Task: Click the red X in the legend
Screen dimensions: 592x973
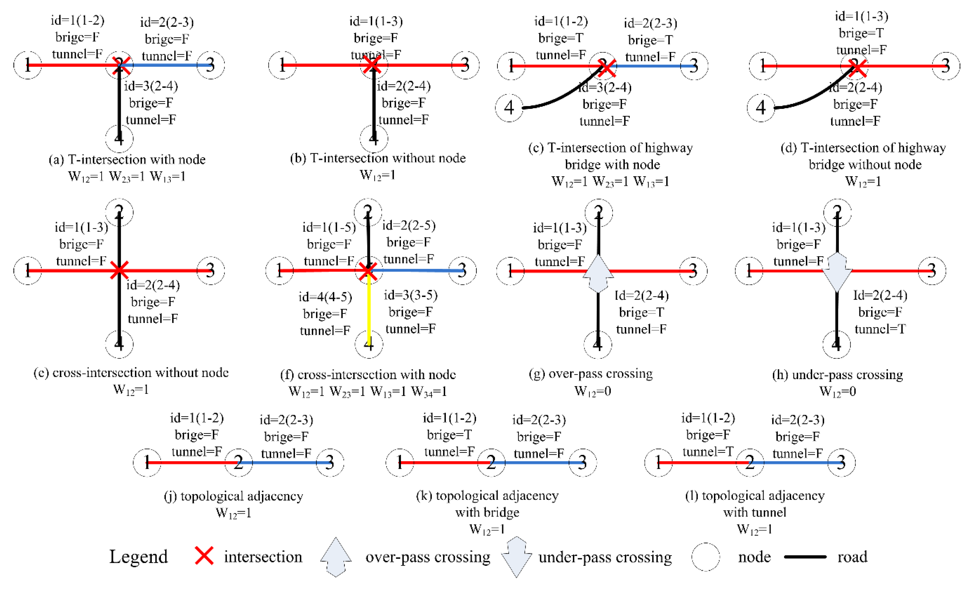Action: click(204, 556)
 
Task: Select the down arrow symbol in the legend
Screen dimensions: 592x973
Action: click(517, 557)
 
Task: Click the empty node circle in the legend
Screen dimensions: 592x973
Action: click(706, 557)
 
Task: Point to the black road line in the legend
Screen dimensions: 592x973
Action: click(805, 557)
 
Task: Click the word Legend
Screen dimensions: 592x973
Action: click(138, 557)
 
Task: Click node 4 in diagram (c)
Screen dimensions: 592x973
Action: click(509, 108)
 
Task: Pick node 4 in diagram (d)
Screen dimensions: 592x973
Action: click(761, 108)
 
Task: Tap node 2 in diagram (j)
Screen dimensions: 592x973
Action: click(239, 462)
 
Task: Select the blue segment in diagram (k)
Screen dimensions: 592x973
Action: click(537, 462)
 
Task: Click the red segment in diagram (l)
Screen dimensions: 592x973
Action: click(703, 462)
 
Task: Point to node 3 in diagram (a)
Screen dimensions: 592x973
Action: click(211, 65)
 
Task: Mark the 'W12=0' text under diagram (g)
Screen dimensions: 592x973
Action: click(592, 391)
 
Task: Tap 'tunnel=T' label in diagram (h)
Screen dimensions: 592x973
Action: click(880, 329)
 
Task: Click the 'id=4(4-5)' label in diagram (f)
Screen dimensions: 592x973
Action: click(325, 297)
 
